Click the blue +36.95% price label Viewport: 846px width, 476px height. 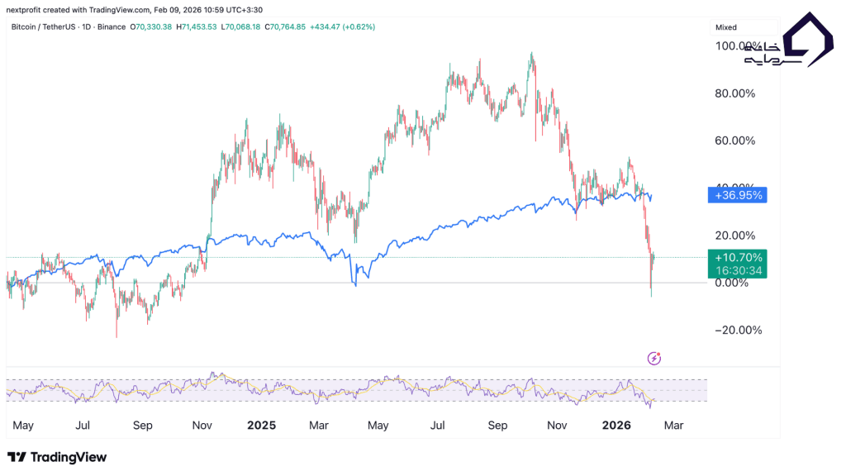pos(738,195)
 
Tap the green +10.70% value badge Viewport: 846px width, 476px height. pos(738,257)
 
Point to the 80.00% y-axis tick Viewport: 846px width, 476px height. pos(734,93)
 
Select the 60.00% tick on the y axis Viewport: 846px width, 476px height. pos(734,140)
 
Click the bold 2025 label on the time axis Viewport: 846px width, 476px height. pos(261,426)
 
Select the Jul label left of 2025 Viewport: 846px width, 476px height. pos(83,426)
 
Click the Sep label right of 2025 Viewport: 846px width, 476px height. pos(497,426)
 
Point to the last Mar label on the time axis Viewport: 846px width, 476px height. pos(673,426)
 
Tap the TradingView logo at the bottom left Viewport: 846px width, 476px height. pos(57,457)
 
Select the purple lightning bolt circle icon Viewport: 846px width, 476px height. pos(654,358)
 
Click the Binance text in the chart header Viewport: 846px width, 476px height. pos(111,27)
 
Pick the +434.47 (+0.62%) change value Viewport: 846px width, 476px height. pos(342,27)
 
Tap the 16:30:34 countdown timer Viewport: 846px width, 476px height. pos(738,269)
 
